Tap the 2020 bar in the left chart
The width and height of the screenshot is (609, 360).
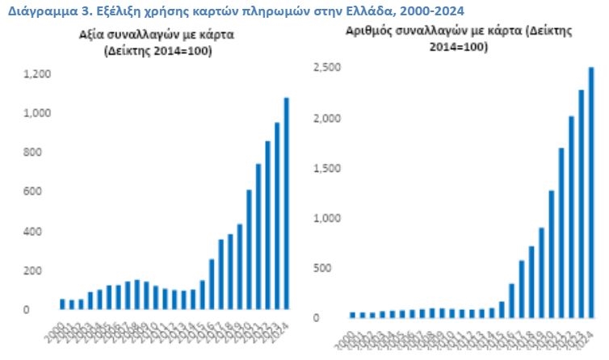tap(249, 249)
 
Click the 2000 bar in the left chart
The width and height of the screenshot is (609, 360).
tap(62, 304)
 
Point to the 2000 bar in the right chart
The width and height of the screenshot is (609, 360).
tap(352, 314)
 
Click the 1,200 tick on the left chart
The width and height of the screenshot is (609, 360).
tap(37, 74)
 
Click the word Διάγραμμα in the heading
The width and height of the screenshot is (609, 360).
tap(32, 10)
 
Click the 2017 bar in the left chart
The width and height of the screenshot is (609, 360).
tap(220, 274)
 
